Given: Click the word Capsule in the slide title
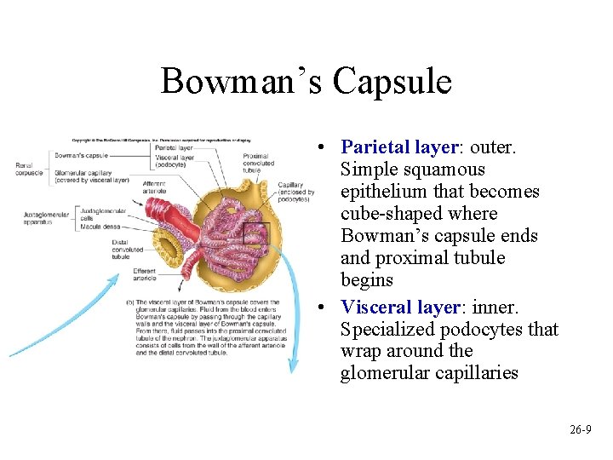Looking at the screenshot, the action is (x=392, y=82).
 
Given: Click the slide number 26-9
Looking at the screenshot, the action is (x=581, y=430).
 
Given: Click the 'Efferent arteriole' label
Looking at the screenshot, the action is (x=144, y=274).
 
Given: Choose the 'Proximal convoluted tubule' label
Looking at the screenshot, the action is (x=256, y=163).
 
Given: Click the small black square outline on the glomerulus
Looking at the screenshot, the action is (x=256, y=233).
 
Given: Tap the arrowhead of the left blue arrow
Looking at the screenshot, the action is (x=118, y=277).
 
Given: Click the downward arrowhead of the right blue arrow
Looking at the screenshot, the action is (x=294, y=367).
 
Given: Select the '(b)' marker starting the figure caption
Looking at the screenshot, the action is (x=129, y=302).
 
